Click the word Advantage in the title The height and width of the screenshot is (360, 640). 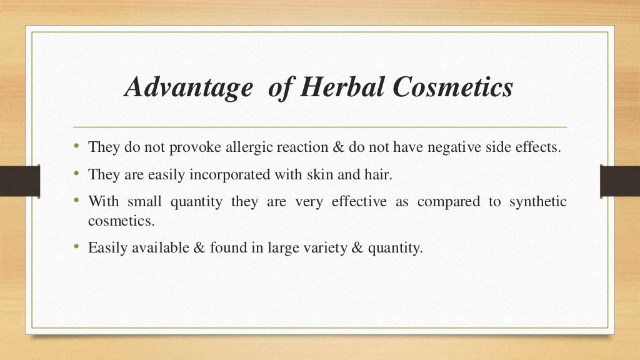(187, 87)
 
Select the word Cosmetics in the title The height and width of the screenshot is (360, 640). (452, 87)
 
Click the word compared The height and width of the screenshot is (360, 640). (449, 202)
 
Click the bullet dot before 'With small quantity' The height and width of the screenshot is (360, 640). (76, 201)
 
